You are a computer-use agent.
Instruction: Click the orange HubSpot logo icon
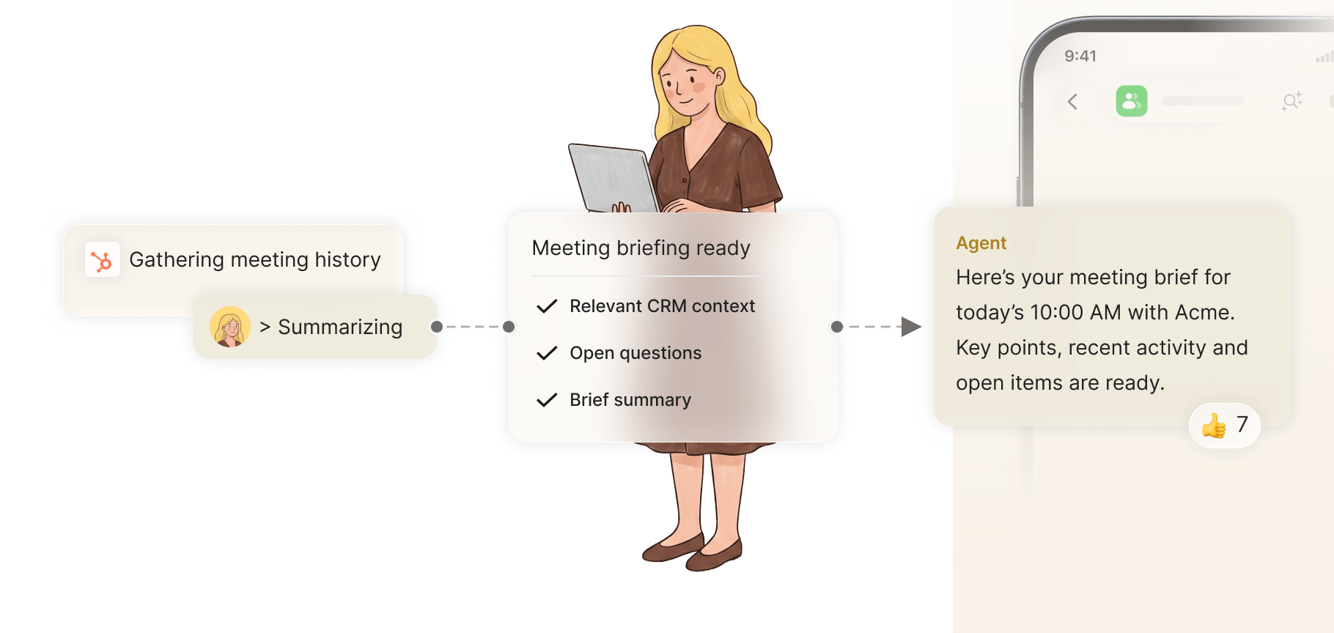(x=102, y=260)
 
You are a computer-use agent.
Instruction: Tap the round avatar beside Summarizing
(x=230, y=327)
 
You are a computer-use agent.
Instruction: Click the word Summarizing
(x=340, y=327)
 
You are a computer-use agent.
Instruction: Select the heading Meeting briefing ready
(x=641, y=248)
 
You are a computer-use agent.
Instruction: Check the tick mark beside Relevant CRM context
(x=547, y=306)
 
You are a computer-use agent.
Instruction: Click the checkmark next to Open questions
(x=547, y=353)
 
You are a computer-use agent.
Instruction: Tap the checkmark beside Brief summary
(x=547, y=400)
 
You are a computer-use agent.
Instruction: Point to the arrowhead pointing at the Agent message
(x=911, y=327)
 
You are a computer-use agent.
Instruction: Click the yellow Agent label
(x=981, y=243)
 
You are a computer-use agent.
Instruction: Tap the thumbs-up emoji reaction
(x=1214, y=426)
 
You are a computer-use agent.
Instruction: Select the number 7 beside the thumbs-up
(x=1242, y=424)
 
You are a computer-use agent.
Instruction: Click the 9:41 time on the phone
(x=1080, y=56)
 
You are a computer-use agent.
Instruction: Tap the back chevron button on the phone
(x=1073, y=102)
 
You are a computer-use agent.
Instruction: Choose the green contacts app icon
(x=1132, y=101)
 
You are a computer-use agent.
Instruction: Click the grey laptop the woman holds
(x=612, y=178)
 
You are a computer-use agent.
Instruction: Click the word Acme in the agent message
(x=1205, y=313)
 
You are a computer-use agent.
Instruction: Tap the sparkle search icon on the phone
(x=1292, y=101)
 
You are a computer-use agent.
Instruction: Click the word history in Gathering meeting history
(x=347, y=260)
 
